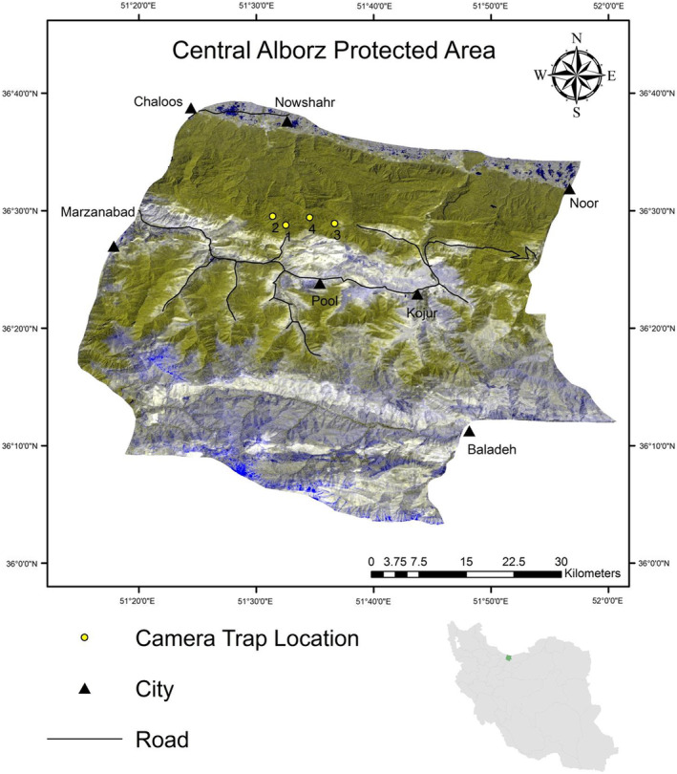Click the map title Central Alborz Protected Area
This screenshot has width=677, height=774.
point(333,50)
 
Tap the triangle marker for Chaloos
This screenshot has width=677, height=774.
point(191,109)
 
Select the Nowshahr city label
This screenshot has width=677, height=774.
point(306,102)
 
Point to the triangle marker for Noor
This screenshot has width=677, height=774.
point(570,188)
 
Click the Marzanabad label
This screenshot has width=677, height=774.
point(99,211)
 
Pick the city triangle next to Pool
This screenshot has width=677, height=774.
point(320,284)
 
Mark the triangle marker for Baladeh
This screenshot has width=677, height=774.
point(469,432)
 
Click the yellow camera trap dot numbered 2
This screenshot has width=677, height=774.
point(272,216)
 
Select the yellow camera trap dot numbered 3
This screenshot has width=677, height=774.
point(335,224)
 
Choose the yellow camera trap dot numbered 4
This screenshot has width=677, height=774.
point(309,217)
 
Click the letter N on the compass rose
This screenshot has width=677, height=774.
point(577,39)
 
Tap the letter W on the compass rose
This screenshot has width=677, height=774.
point(540,75)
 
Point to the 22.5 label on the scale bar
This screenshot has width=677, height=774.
point(514,561)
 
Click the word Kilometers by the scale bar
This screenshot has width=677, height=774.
point(592,573)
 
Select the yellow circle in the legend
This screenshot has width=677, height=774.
point(85,637)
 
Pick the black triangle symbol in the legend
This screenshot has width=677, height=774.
point(85,687)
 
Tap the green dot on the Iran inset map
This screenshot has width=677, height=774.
point(509,657)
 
